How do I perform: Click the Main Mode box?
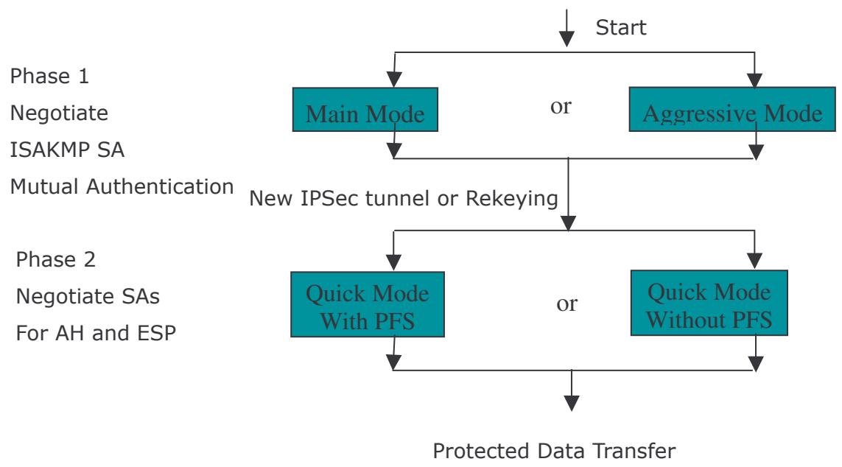(365, 110)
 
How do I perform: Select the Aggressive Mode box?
(732, 109)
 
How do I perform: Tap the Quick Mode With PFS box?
(368, 304)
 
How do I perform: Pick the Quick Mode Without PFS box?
(709, 303)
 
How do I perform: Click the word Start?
(621, 27)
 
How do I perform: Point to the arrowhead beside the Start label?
(566, 38)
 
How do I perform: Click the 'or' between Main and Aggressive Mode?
(561, 106)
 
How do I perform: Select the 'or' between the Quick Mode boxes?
(567, 303)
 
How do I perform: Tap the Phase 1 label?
(49, 76)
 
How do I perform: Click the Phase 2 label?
(56, 259)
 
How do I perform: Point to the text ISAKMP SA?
(67, 150)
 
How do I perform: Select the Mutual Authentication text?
(122, 186)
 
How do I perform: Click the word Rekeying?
(512, 199)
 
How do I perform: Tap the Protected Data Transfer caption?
(554, 451)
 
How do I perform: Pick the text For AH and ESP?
(96, 333)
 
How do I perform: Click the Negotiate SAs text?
(88, 296)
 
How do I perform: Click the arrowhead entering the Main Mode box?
(394, 80)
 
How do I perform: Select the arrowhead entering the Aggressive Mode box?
(754, 80)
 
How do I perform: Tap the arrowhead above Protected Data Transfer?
(572, 403)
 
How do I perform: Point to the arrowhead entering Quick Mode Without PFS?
(754, 261)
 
